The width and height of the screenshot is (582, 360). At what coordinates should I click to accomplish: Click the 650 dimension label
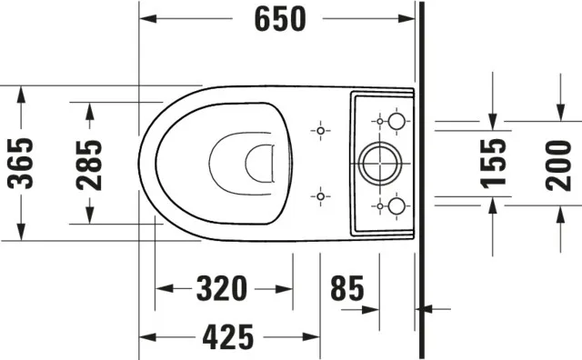click(276, 18)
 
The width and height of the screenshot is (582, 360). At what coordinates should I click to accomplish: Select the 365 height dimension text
click(19, 162)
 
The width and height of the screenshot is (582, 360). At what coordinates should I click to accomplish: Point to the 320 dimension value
click(222, 289)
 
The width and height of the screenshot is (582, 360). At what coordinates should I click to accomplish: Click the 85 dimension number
click(346, 289)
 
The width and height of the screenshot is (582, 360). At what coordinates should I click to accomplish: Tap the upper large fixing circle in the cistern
click(396, 121)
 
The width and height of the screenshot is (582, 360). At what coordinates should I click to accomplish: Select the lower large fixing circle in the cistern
click(396, 205)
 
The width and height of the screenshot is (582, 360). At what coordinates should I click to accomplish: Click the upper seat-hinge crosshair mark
click(319, 131)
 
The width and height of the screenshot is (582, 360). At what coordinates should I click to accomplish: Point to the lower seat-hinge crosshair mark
click(319, 195)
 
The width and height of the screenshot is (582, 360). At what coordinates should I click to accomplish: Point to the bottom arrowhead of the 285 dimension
click(89, 217)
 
